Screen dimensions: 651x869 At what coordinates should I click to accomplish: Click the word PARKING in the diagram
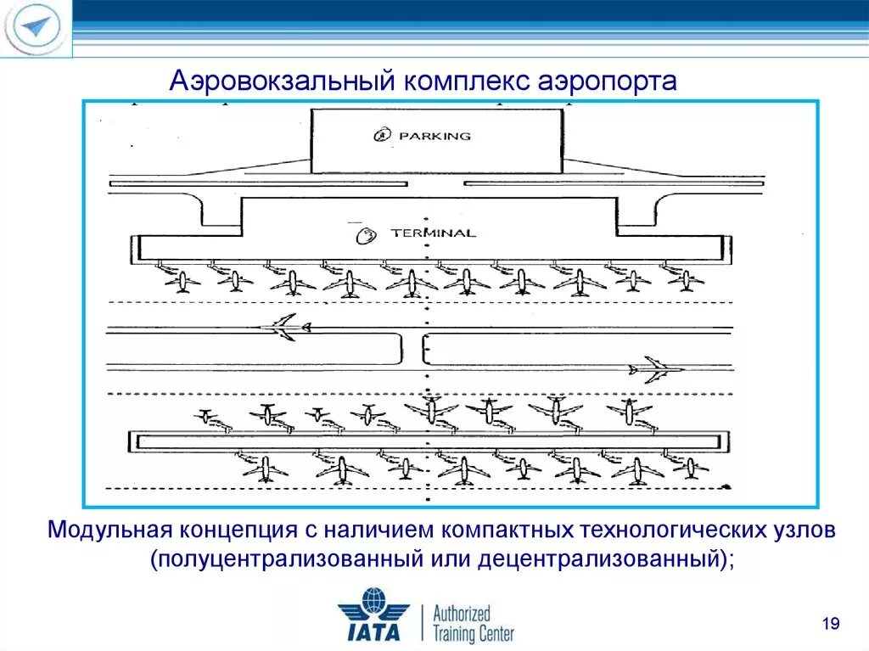pyautogui.click(x=434, y=135)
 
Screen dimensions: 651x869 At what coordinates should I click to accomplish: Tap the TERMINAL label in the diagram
pyautogui.click(x=433, y=233)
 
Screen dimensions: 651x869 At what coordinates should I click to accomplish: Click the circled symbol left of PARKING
pyautogui.click(x=382, y=134)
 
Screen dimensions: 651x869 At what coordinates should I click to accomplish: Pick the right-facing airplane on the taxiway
pyautogui.click(x=656, y=370)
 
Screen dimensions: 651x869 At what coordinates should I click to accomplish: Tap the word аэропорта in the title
pyautogui.click(x=607, y=81)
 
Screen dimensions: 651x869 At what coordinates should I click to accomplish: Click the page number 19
pyautogui.click(x=831, y=626)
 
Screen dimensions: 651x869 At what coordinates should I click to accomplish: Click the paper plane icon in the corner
pyautogui.click(x=35, y=27)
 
